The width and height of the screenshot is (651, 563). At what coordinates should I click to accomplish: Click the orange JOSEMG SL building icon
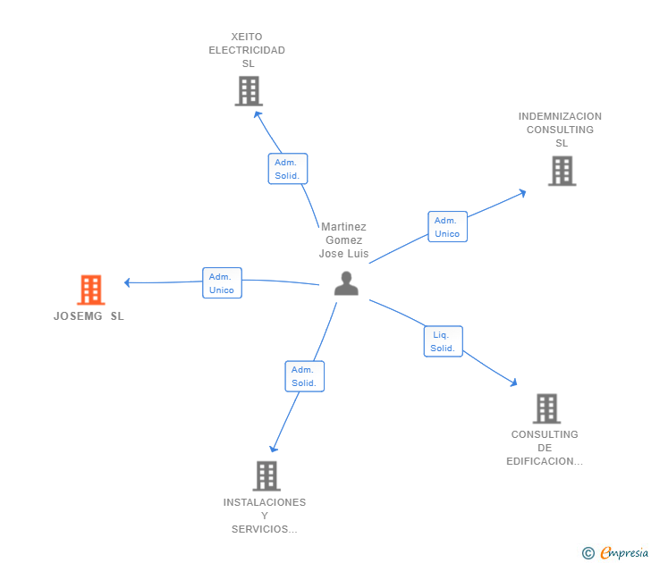[x=91, y=290]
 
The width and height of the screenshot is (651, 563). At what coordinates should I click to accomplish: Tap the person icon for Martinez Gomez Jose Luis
[x=346, y=283]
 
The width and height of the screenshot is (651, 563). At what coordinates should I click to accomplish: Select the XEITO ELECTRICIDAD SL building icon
[x=249, y=91]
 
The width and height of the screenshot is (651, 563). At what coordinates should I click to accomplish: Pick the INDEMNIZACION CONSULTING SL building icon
[x=562, y=171]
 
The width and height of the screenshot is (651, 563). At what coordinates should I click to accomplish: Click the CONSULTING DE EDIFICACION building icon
[x=546, y=408]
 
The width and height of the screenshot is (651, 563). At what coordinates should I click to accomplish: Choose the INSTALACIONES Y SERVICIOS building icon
[x=266, y=475]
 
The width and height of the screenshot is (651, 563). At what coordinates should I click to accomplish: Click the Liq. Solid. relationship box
[x=443, y=341]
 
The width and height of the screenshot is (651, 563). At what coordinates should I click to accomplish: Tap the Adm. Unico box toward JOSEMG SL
[x=222, y=283]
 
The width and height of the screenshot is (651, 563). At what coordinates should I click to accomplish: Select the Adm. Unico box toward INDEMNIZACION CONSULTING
[x=447, y=227]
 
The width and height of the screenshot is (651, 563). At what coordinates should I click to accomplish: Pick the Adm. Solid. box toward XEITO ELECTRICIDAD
[x=287, y=169]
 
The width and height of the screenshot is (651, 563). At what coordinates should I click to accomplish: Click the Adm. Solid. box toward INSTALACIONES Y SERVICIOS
[x=304, y=376]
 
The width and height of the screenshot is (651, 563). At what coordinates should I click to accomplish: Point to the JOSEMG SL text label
[x=89, y=316]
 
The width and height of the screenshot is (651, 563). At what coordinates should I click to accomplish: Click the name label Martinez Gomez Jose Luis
[x=343, y=240]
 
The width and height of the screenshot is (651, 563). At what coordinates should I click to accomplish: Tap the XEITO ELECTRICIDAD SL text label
[x=247, y=50]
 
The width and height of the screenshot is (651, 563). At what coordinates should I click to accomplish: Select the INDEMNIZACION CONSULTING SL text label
[x=560, y=130]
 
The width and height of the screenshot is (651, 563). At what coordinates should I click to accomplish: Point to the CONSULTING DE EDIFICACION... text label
[x=545, y=448]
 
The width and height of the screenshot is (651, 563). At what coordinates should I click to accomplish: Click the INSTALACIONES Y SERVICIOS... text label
[x=265, y=516]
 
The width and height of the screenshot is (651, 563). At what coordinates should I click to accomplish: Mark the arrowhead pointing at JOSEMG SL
[x=128, y=282]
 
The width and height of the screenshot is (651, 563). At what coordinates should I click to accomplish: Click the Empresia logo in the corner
[x=624, y=552]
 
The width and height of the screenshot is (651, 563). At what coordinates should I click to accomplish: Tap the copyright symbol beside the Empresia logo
[x=588, y=553]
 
